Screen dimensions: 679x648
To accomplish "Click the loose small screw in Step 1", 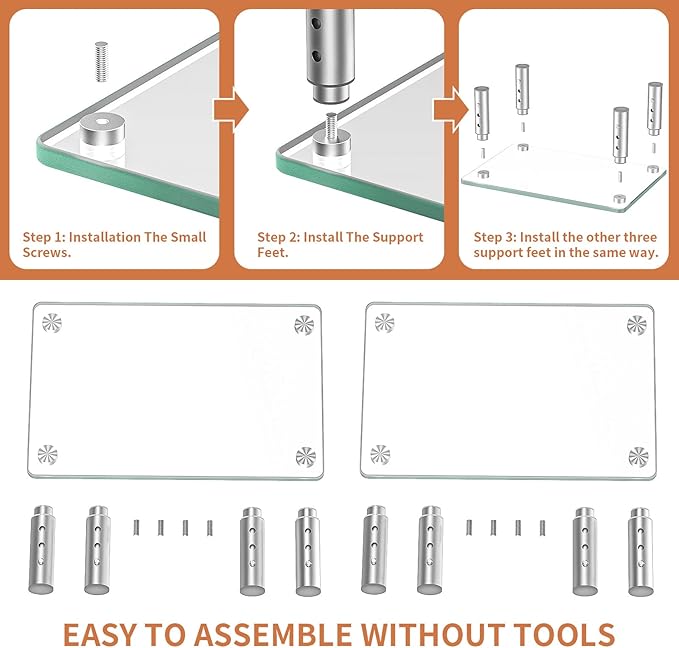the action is [101, 62].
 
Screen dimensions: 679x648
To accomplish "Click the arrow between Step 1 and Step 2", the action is [231, 110].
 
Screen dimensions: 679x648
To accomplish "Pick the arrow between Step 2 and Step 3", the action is [451, 110].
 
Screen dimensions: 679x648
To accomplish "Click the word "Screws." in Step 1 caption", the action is [47, 252].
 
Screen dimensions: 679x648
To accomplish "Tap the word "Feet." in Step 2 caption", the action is [273, 252].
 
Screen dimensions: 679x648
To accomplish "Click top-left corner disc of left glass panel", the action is [52, 323].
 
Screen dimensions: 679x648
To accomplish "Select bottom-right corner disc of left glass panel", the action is [306, 457].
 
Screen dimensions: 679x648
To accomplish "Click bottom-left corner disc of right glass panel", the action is [380, 455].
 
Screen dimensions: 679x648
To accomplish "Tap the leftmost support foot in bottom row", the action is [42, 550].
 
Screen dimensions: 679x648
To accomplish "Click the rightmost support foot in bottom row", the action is [641, 552].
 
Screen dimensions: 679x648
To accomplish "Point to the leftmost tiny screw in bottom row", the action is [136, 527].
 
